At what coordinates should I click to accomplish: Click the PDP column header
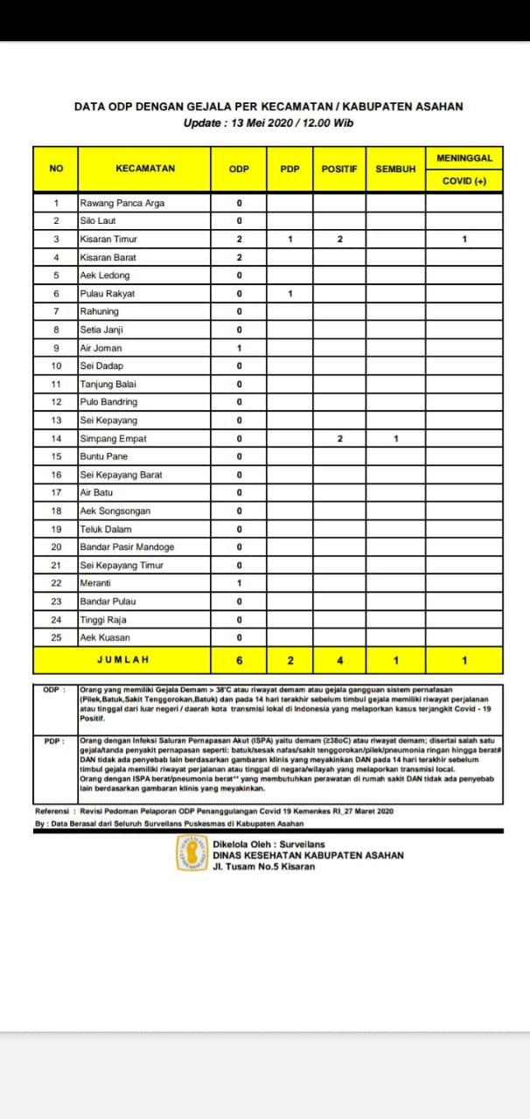(x=289, y=169)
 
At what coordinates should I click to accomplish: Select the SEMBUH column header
(x=395, y=169)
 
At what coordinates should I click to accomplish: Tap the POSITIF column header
(x=339, y=169)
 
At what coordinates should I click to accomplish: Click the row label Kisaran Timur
(x=108, y=240)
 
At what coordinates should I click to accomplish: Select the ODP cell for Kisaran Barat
(x=239, y=258)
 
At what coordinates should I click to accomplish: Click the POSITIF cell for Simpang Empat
(x=339, y=439)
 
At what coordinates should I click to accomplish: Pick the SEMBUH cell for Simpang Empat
(x=395, y=439)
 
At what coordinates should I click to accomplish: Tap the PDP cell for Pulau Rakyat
(x=289, y=294)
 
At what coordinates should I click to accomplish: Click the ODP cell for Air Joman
(x=239, y=348)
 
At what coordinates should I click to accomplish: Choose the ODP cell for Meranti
(x=239, y=583)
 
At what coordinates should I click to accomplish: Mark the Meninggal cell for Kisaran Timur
(x=464, y=240)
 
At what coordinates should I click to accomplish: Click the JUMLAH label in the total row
(x=122, y=660)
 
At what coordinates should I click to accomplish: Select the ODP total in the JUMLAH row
(x=239, y=660)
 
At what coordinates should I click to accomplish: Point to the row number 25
(x=56, y=637)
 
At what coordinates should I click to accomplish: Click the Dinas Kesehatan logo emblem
(x=192, y=852)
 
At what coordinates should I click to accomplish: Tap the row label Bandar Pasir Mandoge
(x=127, y=547)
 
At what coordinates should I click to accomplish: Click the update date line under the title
(x=268, y=123)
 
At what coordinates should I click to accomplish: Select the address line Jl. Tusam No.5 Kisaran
(x=263, y=866)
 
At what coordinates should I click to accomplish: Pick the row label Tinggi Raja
(x=103, y=620)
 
